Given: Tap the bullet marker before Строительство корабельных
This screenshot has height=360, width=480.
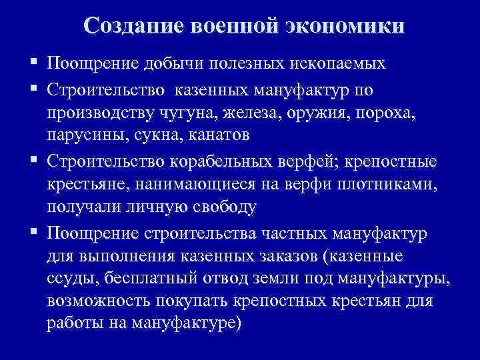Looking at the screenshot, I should click(33, 160).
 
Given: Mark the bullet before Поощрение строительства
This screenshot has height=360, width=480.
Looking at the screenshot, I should click(33, 233).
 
